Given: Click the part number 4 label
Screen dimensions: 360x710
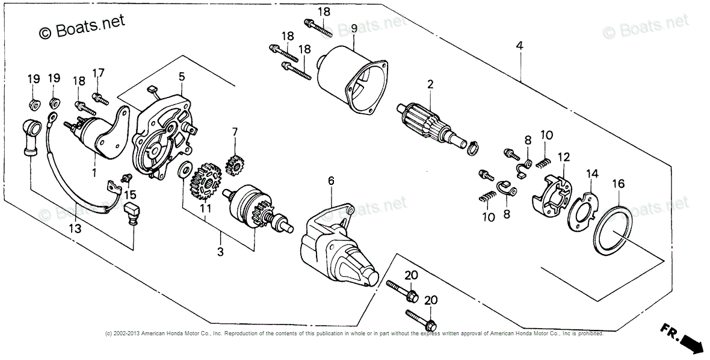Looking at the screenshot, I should (x=519, y=46).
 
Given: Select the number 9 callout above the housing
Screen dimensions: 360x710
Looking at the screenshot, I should (x=354, y=28).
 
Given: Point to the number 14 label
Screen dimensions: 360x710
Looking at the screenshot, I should (x=593, y=174).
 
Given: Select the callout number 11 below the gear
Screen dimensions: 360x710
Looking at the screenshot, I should (x=206, y=208).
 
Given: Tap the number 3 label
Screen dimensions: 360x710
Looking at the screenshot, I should (x=220, y=252).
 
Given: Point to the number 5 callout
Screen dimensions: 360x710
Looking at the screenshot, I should (x=181, y=76).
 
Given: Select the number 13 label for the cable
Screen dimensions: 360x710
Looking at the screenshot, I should (x=74, y=228).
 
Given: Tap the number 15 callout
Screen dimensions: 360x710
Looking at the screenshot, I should (x=131, y=194).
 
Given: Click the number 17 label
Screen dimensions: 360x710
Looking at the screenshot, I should (x=98, y=73).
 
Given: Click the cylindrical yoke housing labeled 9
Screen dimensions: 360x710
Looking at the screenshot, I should (x=349, y=81).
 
